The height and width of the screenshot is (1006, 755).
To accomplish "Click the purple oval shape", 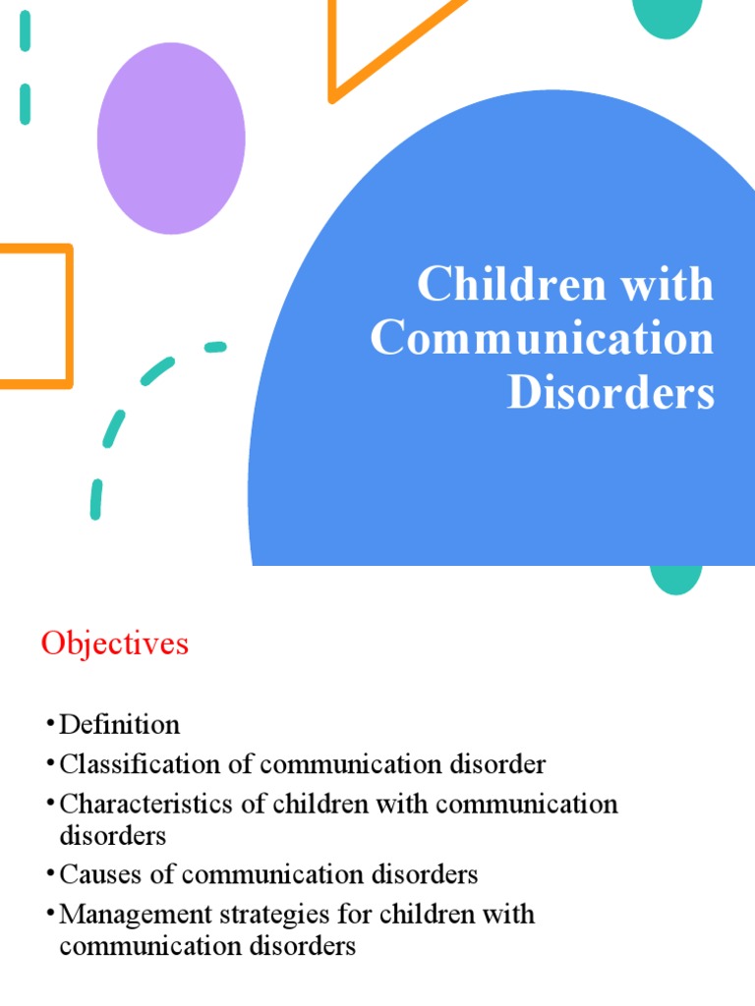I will tap(171, 138).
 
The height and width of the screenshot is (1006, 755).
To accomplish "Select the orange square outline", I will tap(69, 314).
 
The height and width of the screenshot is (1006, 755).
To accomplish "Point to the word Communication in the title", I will tap(542, 339).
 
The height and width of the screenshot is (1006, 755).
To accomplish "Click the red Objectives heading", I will tap(114, 644).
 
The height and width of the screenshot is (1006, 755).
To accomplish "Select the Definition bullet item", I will tap(120, 726).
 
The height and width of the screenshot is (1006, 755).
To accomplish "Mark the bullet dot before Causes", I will tap(48, 873).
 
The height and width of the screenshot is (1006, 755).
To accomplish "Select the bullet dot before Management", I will tap(48, 914).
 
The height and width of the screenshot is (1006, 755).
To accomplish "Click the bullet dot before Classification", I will tap(48, 764).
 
